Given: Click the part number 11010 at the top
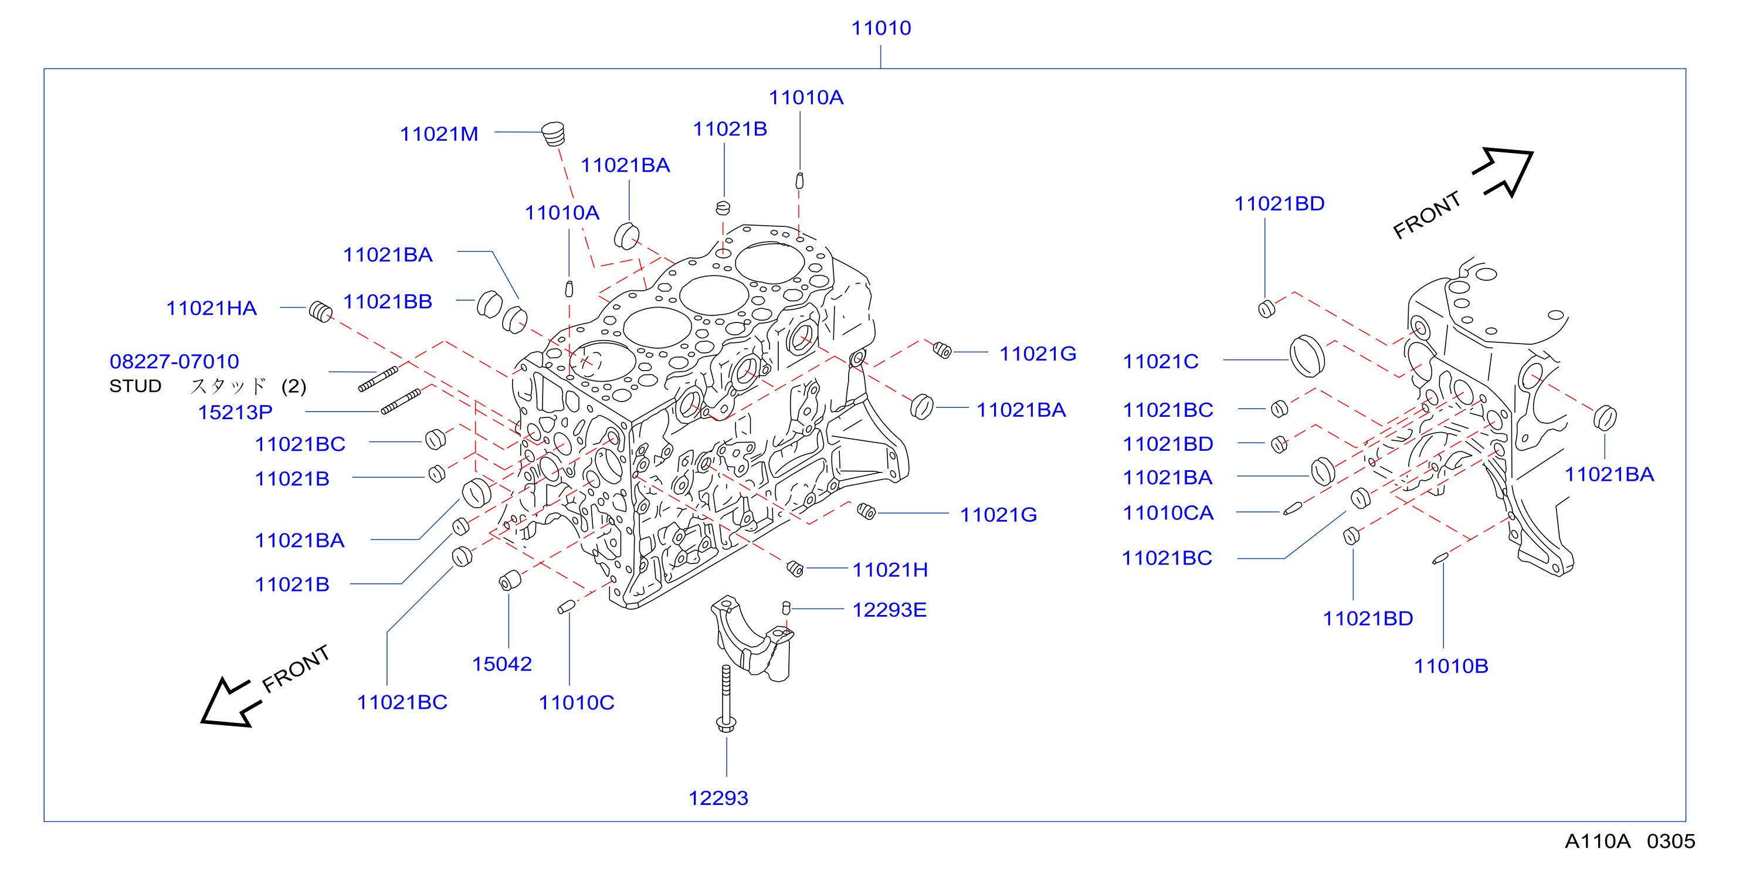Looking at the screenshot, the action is pos(881,28).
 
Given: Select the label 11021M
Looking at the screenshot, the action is pos(439,134).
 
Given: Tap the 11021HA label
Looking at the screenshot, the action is pos(212,308).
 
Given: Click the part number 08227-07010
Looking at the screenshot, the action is pos(175,361).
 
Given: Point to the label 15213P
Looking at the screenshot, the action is pos(235,413).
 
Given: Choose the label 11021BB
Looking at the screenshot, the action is pos(387,301).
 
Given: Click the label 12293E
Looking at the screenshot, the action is pos(889,610).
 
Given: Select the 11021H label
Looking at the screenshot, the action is pos(890,570).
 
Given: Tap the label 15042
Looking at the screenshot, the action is pos(501,664).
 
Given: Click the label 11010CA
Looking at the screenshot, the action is pos(1168,513).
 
